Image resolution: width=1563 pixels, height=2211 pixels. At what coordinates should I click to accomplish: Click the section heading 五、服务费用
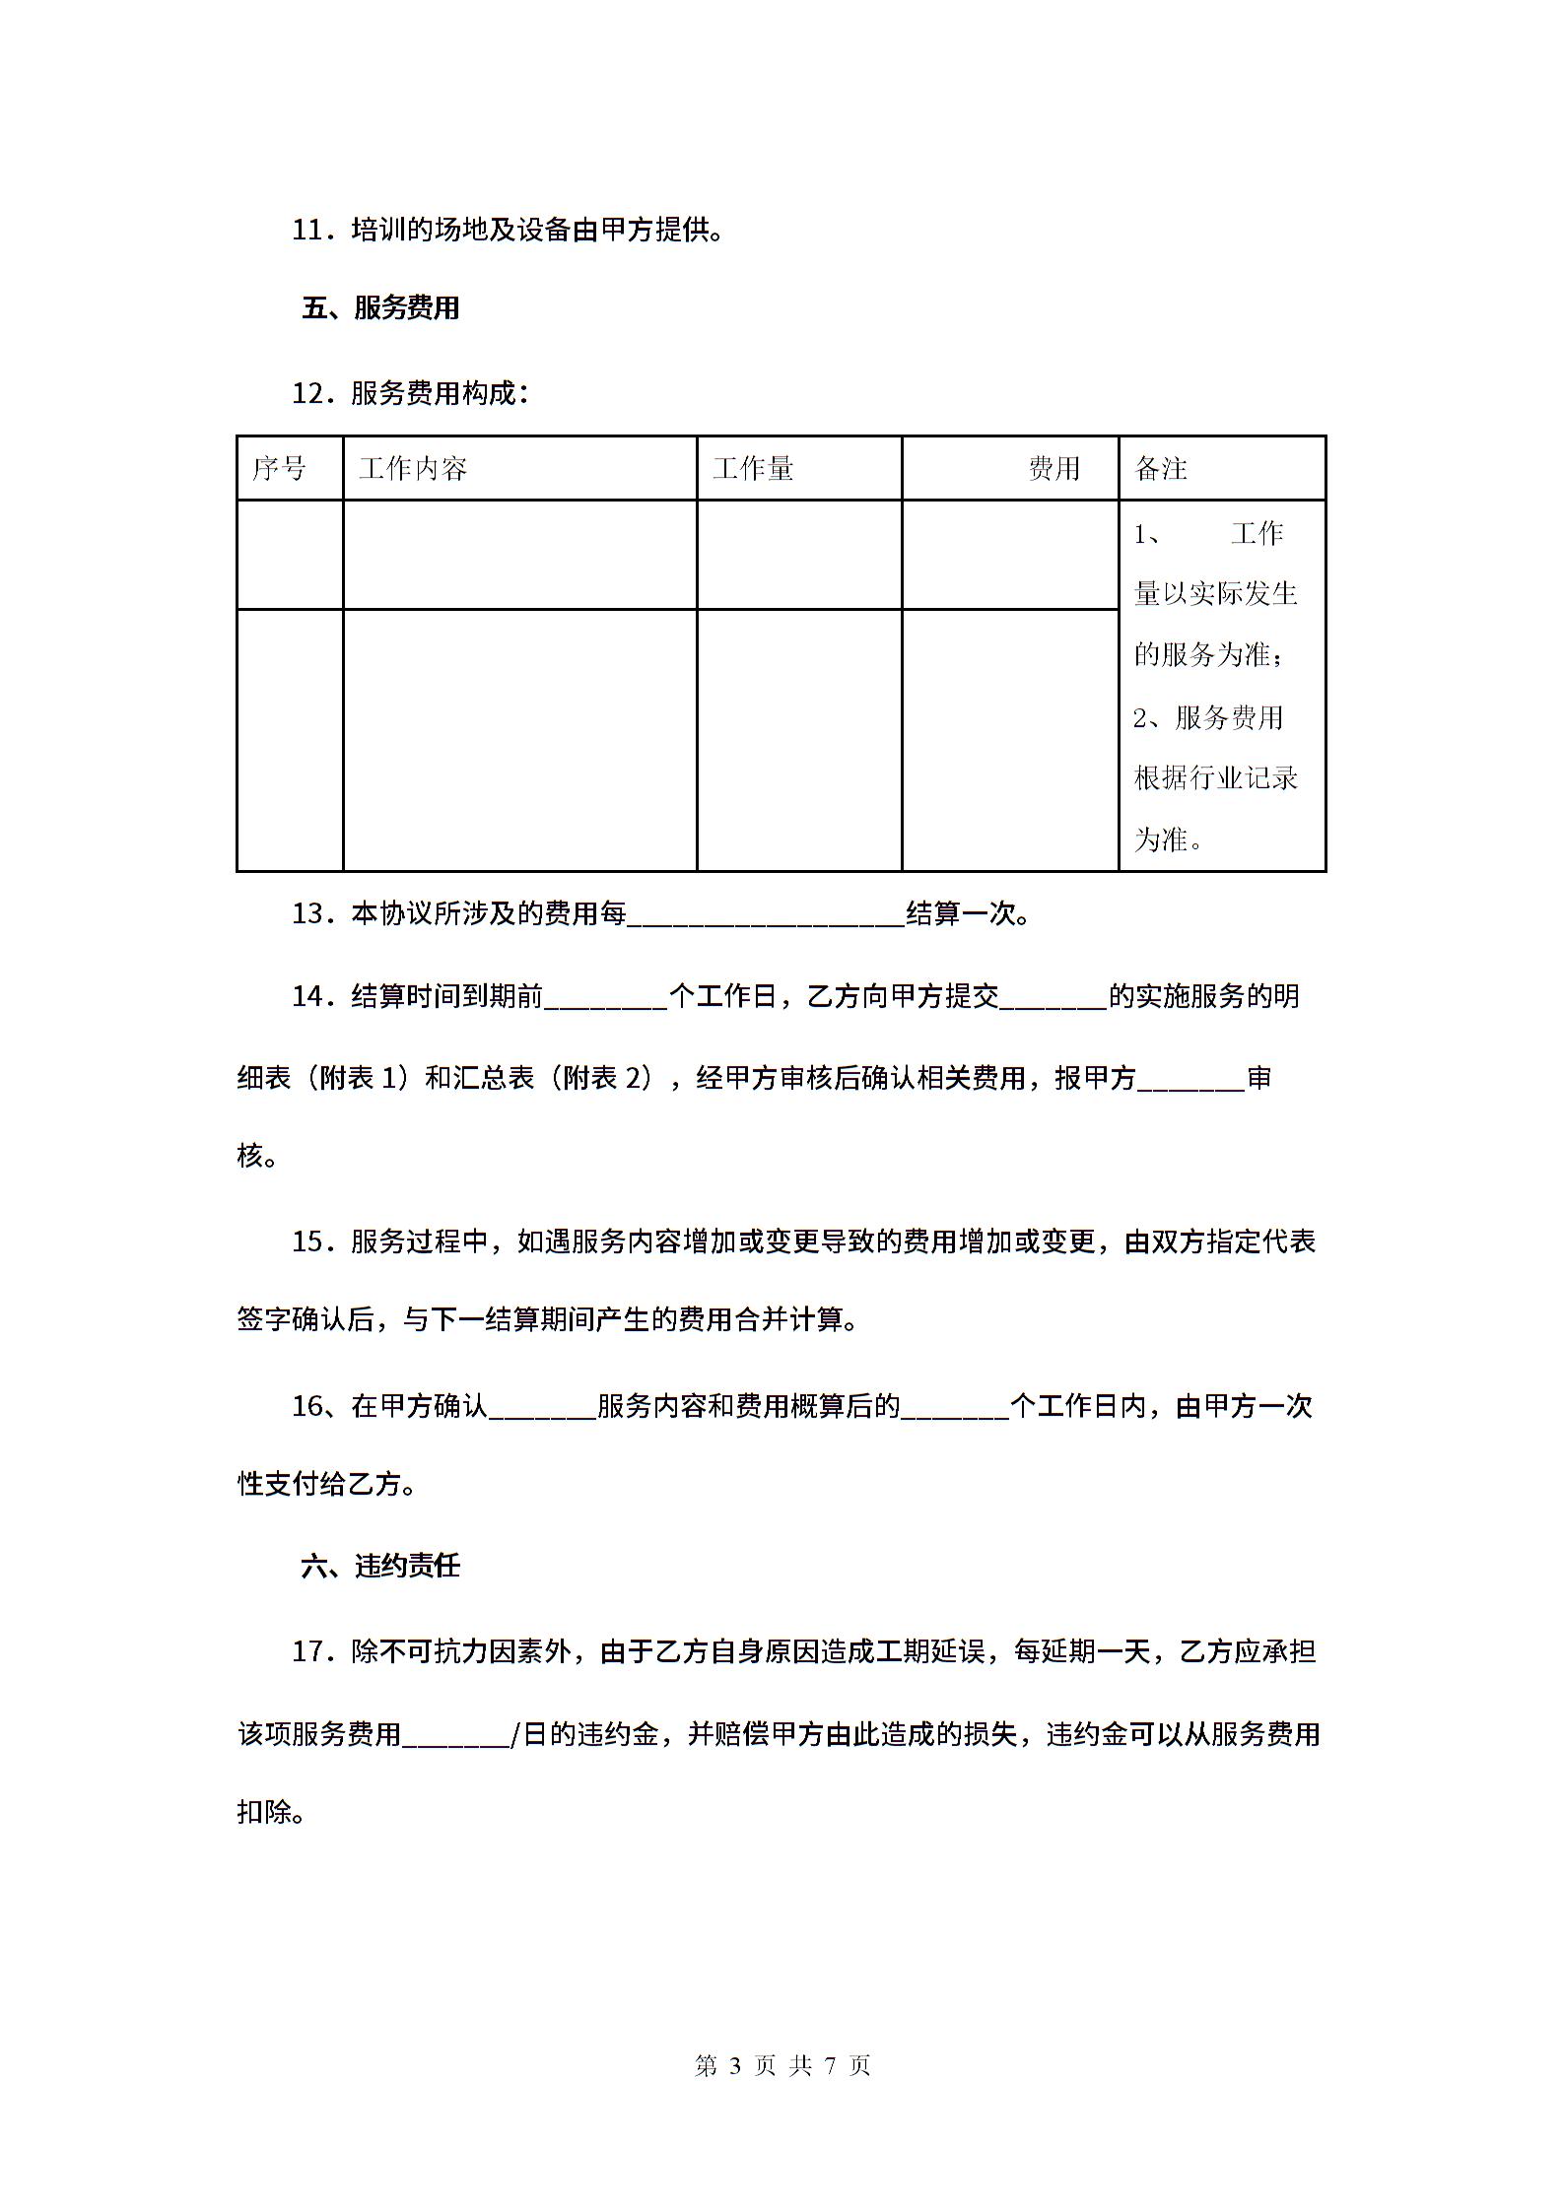click(x=380, y=308)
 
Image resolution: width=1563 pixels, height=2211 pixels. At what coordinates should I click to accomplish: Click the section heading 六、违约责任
click(x=380, y=1566)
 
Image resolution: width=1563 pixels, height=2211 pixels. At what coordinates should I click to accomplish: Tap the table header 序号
click(x=279, y=468)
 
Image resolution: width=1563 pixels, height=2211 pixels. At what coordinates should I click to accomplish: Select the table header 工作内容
click(x=413, y=468)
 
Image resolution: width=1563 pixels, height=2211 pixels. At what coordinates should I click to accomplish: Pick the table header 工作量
click(x=753, y=468)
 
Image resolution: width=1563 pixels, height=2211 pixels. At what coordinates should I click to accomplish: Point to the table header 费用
click(x=1053, y=468)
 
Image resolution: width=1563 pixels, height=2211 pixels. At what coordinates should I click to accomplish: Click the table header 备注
click(x=1161, y=468)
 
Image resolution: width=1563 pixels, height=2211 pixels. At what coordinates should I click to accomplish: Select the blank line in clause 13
click(x=766, y=916)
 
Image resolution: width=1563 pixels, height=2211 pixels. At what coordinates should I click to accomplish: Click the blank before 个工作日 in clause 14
click(x=605, y=998)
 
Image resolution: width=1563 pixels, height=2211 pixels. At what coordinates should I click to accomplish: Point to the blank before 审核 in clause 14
click(x=1191, y=1080)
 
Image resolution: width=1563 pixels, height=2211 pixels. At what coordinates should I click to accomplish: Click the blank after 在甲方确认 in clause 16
click(x=542, y=1407)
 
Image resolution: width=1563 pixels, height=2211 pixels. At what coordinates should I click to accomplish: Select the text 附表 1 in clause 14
click(x=363, y=1078)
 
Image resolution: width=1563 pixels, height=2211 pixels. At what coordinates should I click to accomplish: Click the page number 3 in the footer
click(x=733, y=2065)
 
